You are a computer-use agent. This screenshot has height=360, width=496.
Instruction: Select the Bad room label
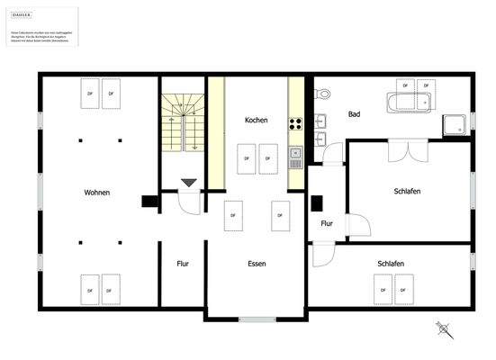point(355,114)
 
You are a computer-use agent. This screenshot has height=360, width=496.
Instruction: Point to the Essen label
point(257,264)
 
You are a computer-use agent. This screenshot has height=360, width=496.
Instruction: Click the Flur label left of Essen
point(183,264)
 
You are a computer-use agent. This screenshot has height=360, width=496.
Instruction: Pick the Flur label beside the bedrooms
point(327,223)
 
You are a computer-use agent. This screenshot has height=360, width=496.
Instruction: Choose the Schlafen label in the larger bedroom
point(407,192)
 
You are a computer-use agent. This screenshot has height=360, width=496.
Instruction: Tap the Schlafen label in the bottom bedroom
point(391,264)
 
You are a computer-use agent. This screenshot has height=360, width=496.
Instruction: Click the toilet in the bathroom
point(321,91)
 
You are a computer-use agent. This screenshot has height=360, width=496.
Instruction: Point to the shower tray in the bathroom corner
point(455,126)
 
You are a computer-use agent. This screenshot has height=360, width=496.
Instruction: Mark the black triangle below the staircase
point(188,183)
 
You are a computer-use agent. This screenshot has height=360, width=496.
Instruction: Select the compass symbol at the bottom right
point(444,328)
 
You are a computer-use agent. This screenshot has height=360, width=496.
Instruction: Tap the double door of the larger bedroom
point(402,149)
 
